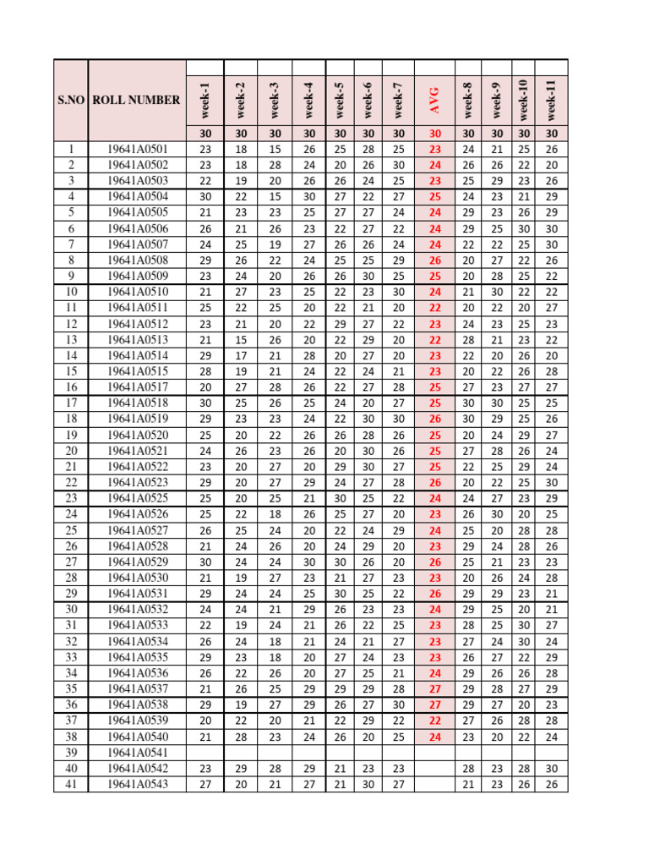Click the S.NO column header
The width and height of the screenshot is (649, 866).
71,100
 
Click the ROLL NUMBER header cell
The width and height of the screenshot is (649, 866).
136,100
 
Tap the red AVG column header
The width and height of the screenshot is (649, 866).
435,100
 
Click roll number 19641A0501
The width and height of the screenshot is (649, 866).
137,149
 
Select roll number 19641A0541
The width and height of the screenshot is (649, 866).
137,754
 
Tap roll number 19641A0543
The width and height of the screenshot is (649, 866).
137,785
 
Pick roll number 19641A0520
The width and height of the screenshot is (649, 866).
137,435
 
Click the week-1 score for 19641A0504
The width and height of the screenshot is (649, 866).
205,196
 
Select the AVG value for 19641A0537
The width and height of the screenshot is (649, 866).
435,689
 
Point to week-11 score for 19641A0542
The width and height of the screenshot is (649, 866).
552,770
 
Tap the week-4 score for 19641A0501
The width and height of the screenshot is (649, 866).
308,149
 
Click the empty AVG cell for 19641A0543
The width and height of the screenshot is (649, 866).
435,785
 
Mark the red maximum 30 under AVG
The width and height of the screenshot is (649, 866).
435,133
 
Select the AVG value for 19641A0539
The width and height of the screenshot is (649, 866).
435,721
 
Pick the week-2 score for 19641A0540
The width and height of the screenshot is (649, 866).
241,737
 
